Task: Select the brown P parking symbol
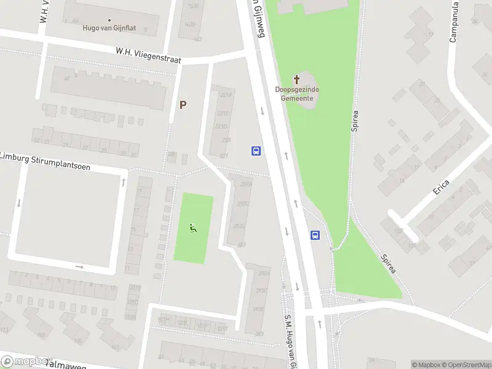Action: tap(183, 105)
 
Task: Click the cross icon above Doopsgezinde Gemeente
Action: tap(297, 79)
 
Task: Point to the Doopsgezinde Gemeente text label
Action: tap(297, 93)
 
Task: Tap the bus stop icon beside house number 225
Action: tap(256, 151)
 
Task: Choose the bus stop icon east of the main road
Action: tap(315, 235)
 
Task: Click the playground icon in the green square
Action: tap(194, 229)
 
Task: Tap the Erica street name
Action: tap(441, 187)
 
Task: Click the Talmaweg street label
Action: tap(68, 365)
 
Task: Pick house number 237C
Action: tap(244, 204)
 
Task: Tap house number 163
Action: tap(197, 39)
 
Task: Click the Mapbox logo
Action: tap(26, 362)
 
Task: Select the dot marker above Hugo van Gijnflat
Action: tap(110, 20)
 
